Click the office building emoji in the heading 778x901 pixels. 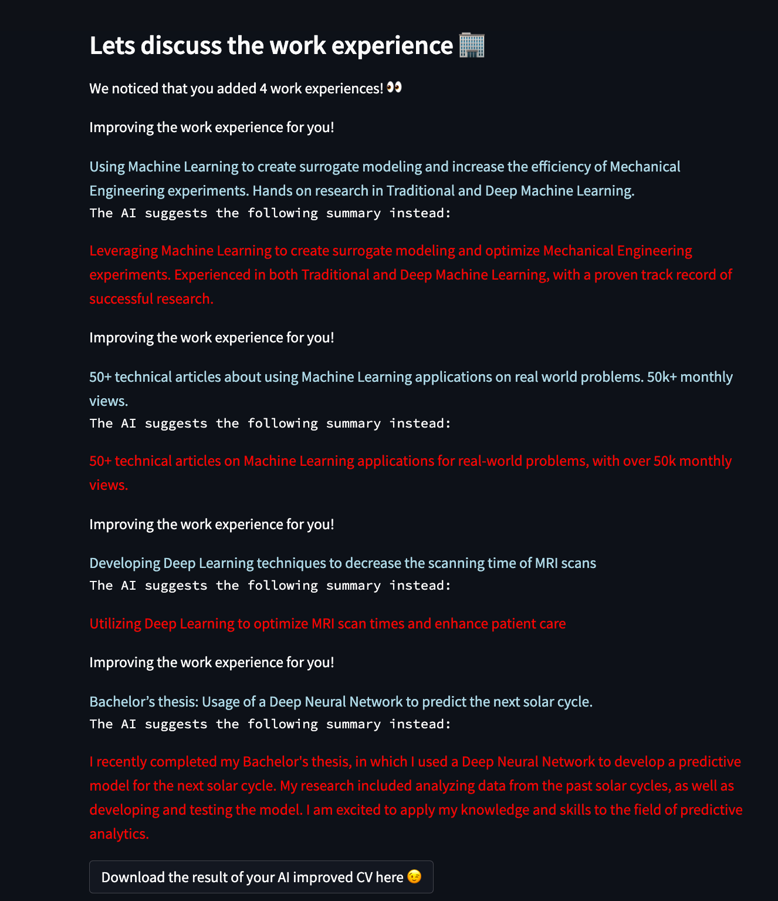[472, 45]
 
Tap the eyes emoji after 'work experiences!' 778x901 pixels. [394, 88]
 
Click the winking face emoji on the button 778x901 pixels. [414, 877]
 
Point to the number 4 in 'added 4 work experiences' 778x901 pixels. [263, 89]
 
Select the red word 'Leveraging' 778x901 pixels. [123, 251]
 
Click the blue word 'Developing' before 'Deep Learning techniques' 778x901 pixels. [124, 563]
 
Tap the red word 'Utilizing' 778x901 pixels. [116, 624]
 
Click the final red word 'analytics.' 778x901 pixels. [119, 834]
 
